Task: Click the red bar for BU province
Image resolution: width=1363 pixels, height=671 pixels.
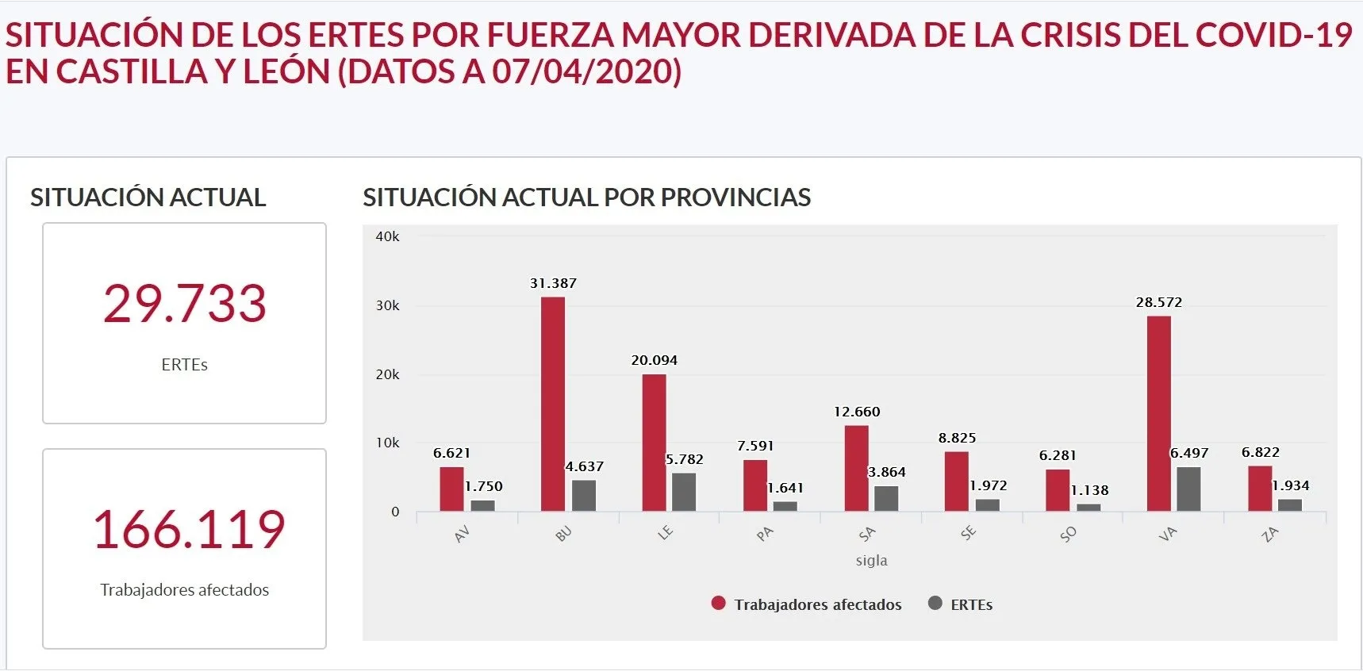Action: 553,405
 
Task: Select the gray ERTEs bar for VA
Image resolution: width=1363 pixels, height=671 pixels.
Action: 1188,489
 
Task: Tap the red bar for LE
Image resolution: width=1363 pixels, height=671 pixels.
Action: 654,443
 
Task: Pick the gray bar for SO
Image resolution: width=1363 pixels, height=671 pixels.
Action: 1088,508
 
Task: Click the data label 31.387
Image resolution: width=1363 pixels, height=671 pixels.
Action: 553,283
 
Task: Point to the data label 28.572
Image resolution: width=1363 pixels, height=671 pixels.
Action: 1158,302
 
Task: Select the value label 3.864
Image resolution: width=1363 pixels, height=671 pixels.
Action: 886,472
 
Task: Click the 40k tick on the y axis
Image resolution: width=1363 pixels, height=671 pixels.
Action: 387,236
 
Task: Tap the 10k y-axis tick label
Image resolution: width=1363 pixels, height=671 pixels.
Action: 387,443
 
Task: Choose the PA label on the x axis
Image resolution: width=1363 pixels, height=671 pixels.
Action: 764,534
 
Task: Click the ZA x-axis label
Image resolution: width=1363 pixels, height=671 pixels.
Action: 1269,534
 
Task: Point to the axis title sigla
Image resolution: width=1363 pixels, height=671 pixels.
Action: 871,560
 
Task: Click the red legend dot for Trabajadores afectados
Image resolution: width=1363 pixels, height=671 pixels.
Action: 719,604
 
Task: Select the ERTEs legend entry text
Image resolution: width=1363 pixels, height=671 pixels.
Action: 971,604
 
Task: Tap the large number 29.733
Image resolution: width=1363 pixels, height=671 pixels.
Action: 184,304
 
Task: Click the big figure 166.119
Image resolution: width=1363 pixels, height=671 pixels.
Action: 189,530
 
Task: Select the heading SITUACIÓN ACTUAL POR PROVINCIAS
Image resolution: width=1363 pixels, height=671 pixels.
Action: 586,197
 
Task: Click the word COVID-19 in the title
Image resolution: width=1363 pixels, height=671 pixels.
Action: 1273,35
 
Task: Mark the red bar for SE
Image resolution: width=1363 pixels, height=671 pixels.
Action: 956,481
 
